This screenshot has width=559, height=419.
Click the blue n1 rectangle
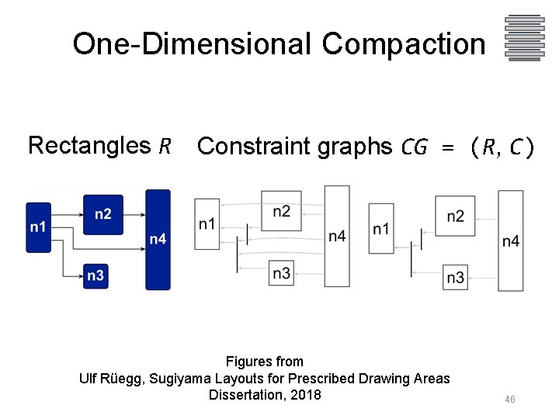pos(38,227)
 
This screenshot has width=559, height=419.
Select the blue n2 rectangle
pos(102,213)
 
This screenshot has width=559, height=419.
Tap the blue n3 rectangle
pos(96,275)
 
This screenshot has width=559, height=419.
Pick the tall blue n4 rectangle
pos(158,239)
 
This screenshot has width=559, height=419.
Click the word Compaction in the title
pos(404,44)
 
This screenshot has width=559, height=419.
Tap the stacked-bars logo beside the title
pos(523,37)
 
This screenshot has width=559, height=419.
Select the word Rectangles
pos(89,145)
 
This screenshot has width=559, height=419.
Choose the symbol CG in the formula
pos(414,147)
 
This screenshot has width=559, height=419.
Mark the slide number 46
pos(510,400)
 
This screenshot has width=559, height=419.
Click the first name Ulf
pos(89,379)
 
